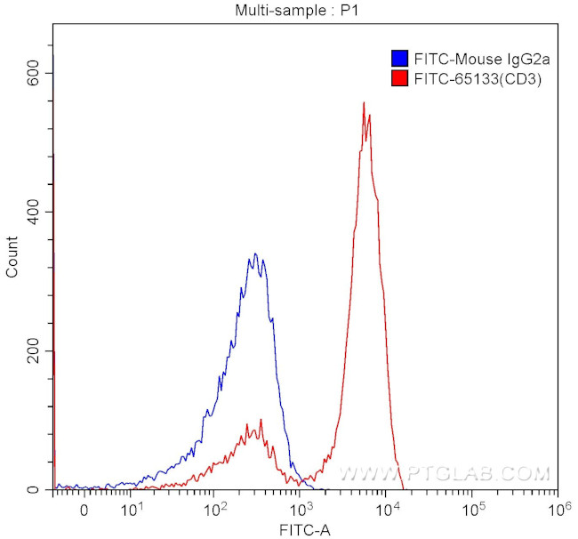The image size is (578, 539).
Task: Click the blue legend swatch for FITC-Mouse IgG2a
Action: (399, 60)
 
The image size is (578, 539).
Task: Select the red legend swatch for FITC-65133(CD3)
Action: (399, 78)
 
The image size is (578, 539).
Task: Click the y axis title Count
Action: (12, 256)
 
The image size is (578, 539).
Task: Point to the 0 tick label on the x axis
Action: (84, 511)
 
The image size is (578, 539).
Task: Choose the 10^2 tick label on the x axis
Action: (215, 510)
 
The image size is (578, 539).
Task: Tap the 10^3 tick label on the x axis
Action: (301, 510)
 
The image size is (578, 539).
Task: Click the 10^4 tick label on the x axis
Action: (387, 510)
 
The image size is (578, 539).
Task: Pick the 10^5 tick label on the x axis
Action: (473, 510)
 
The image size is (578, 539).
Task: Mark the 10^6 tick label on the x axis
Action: (558, 510)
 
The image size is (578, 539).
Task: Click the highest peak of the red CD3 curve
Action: (364, 102)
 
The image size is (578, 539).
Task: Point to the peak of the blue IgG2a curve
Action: (255, 253)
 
